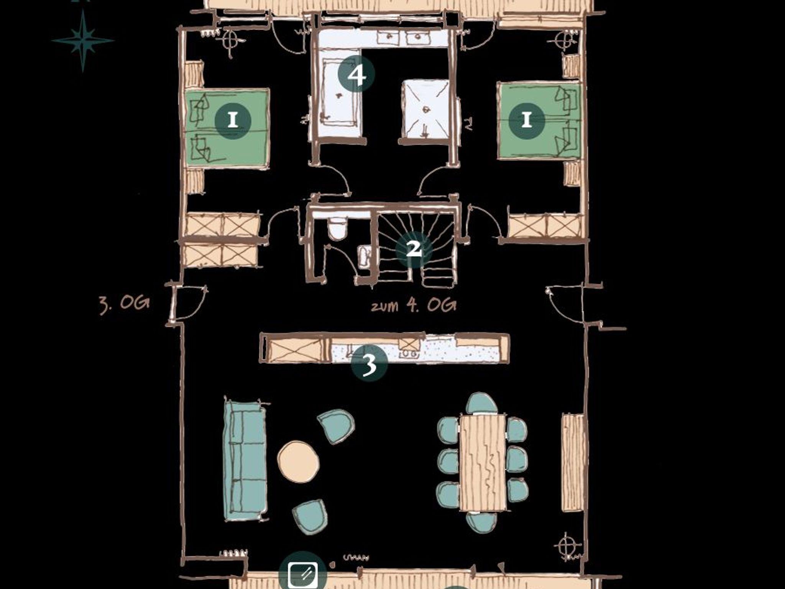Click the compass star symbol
coord(83,40)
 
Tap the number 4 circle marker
coord(356,74)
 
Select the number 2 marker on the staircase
coord(414,249)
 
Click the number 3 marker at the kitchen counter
coord(370,364)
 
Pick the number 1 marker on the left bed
coord(233,121)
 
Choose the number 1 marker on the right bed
coord(527,120)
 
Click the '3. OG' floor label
coord(124,304)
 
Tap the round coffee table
coord(298,461)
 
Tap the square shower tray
coord(425,109)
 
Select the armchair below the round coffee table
coord(310,517)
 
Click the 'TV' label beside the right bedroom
coord(468,125)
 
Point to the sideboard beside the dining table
coord(573,462)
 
